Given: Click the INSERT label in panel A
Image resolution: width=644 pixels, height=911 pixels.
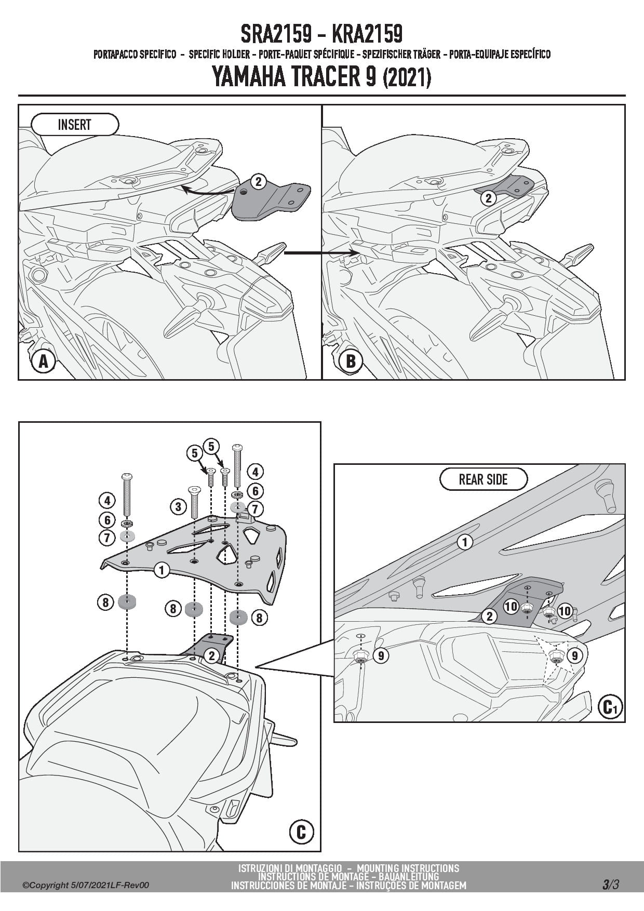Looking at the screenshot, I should coord(75,125).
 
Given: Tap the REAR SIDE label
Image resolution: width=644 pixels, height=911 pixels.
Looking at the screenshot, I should coord(483,479).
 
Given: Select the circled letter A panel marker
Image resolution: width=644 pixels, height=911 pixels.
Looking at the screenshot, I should coord(44,361).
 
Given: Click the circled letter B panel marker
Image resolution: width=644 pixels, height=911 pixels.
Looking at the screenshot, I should coord(351,361).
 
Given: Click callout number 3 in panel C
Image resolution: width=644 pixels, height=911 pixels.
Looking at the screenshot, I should coord(178,506).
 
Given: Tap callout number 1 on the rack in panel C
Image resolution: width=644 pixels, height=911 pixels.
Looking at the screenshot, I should coord(162,570).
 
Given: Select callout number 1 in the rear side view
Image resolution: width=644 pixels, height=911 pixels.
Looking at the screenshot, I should coord(465,542).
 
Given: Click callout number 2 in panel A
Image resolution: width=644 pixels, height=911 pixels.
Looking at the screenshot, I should coord(258,181).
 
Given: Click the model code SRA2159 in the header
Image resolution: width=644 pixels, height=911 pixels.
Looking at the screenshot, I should coord(276,34).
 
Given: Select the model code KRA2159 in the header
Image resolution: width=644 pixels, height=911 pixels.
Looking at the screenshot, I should coord(366,34).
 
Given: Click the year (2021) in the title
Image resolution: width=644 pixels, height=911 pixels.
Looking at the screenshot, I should coord(407,79).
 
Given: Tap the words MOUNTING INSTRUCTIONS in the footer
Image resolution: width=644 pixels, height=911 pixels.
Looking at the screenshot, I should coord(408,868).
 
